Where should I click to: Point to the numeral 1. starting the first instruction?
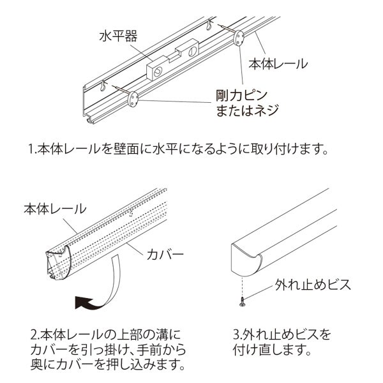tap(33, 151)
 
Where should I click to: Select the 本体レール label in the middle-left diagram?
tap(54, 209)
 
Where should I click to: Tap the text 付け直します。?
tap(272, 350)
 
